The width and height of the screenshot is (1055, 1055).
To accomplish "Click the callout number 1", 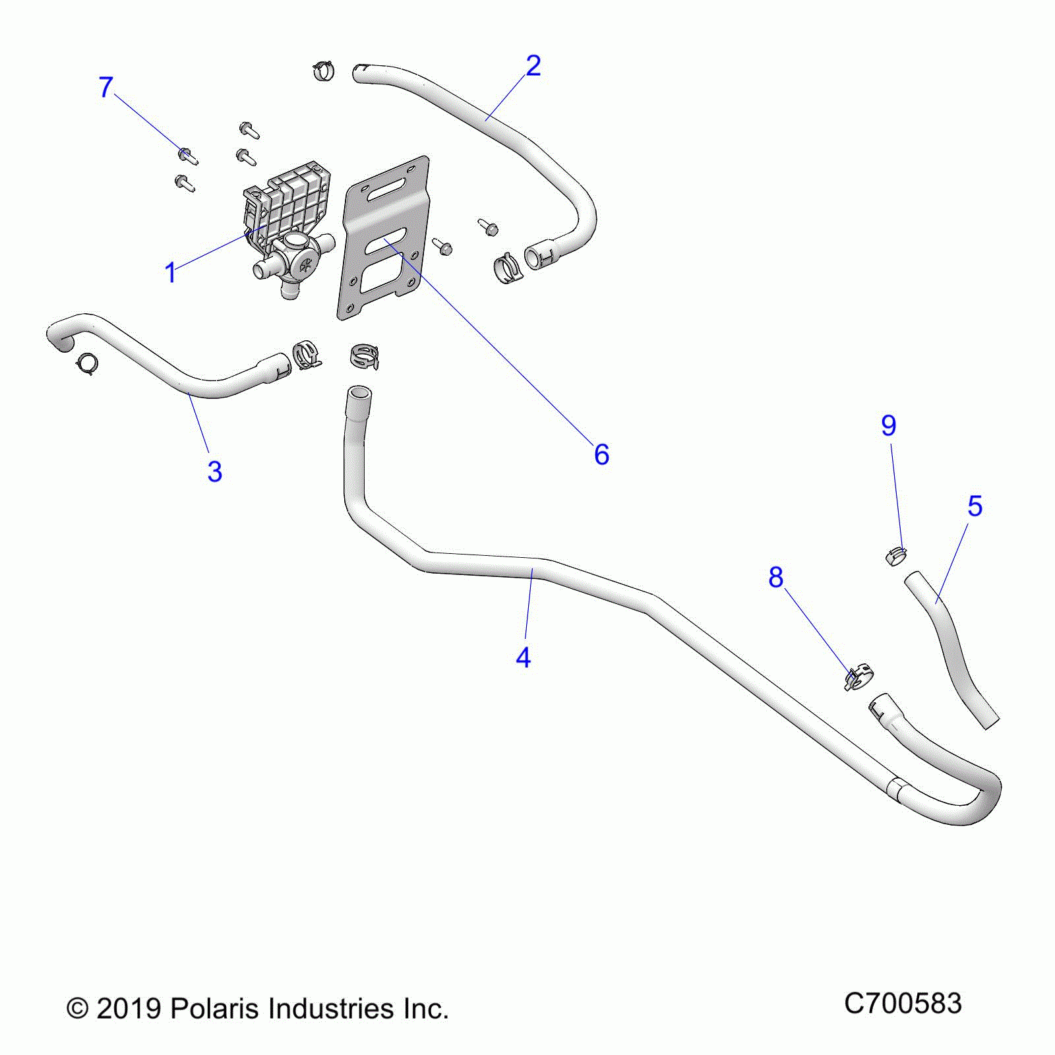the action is point(170,273).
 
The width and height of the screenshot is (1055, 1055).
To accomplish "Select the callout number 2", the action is point(533,66).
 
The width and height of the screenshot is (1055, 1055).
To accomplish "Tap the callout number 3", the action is point(214,472).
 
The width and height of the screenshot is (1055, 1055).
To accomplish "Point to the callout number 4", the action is point(523,658).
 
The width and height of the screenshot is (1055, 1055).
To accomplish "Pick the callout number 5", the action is point(975,506).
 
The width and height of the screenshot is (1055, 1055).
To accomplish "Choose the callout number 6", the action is point(601,455).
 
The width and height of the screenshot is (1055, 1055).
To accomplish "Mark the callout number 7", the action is point(105,87).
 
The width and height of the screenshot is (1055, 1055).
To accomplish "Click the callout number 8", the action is point(775,578).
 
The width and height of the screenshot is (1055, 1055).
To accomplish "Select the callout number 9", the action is point(888,426).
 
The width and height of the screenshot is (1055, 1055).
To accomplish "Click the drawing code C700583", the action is point(903,1004).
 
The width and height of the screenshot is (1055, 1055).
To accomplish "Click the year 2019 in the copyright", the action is point(129,1009).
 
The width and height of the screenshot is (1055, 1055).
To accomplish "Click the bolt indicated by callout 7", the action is point(187,156).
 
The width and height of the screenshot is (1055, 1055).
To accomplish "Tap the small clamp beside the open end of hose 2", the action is point(323,69).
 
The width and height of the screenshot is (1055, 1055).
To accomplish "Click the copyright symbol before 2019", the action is point(77,1009).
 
